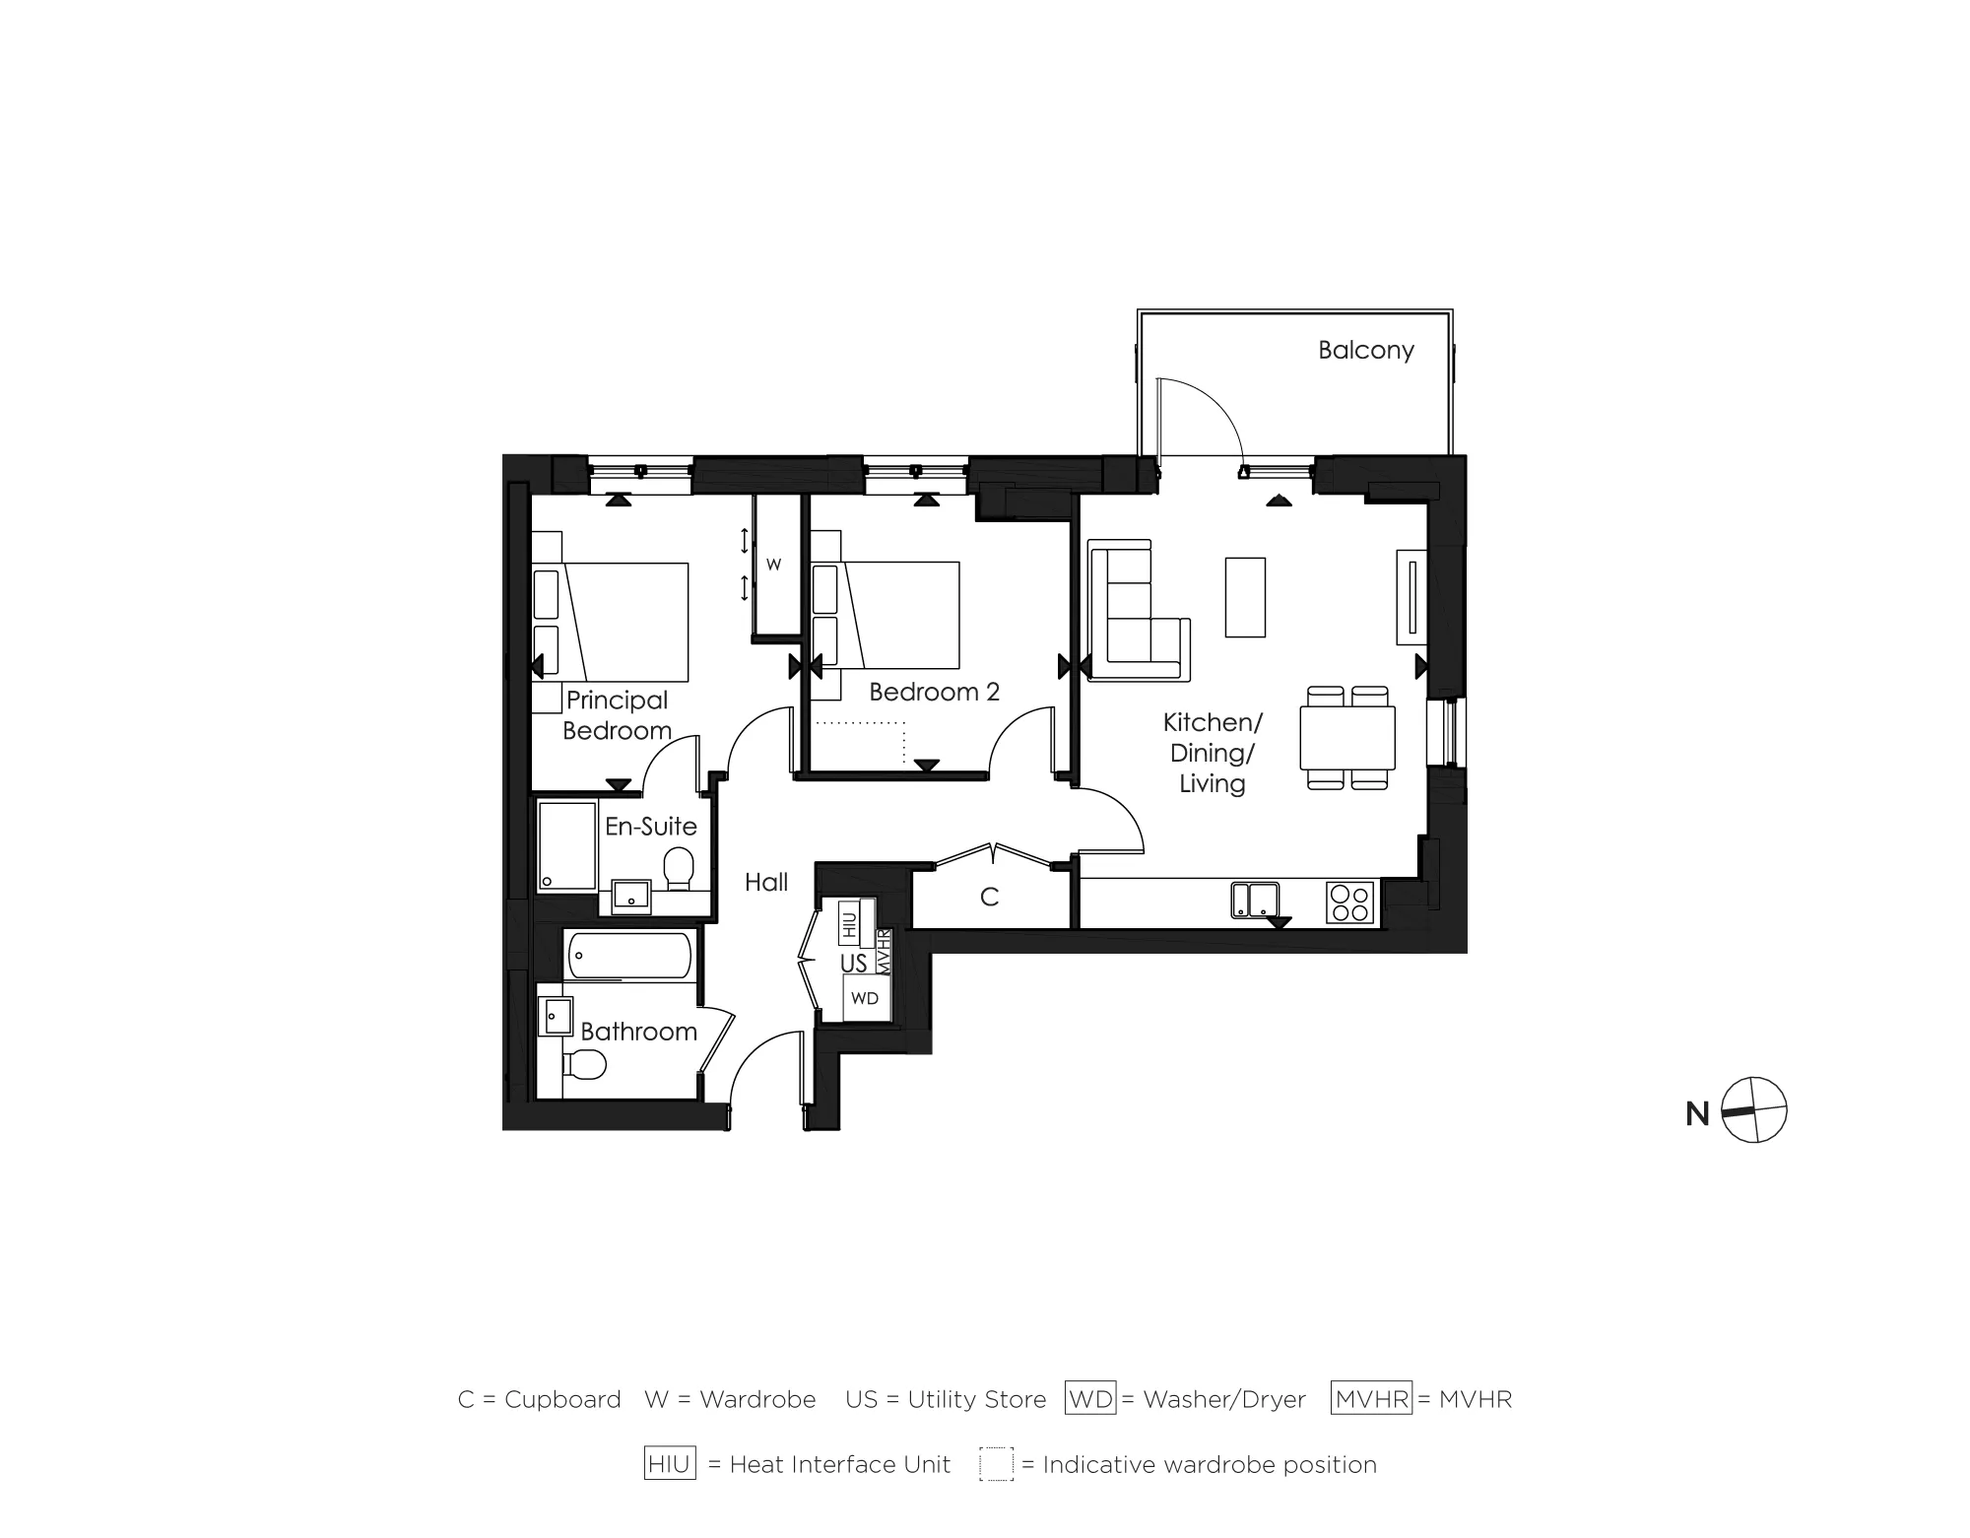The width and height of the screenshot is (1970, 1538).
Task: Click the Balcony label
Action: [1365, 350]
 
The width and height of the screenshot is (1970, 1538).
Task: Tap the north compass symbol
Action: [1753, 1110]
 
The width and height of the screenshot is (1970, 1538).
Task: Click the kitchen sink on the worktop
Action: [1255, 900]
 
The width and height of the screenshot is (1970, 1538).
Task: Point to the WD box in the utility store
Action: [865, 998]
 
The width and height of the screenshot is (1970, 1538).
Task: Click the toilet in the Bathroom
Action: [584, 1064]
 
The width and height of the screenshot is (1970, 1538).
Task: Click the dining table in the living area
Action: [1346, 737]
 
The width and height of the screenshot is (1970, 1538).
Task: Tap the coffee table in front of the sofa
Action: [1245, 596]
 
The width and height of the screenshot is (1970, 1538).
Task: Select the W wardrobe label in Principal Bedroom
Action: [774, 565]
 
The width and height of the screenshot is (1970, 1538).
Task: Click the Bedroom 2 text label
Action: [934, 692]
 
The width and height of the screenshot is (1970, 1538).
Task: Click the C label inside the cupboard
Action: [989, 897]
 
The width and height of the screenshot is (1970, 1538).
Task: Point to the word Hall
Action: [766, 882]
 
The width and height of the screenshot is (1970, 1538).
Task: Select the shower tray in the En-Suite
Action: [567, 845]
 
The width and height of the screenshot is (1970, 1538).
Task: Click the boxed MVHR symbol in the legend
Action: [1371, 1398]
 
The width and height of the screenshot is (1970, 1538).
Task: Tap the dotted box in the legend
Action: [996, 1464]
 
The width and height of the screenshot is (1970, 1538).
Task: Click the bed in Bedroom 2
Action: [896, 614]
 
